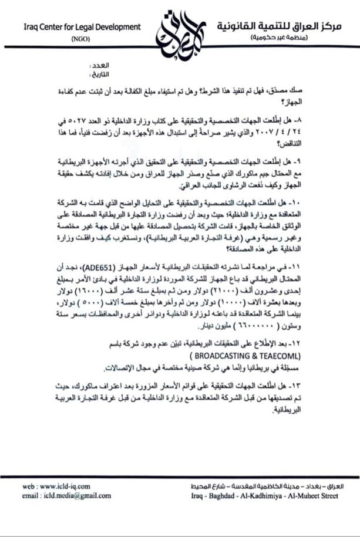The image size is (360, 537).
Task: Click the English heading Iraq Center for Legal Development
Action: (82, 27)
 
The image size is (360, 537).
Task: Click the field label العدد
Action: (98, 66)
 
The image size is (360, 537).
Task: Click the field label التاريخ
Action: (97, 75)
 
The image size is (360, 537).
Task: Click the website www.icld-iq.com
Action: (56, 487)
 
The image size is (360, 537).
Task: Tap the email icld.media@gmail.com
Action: (66, 496)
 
